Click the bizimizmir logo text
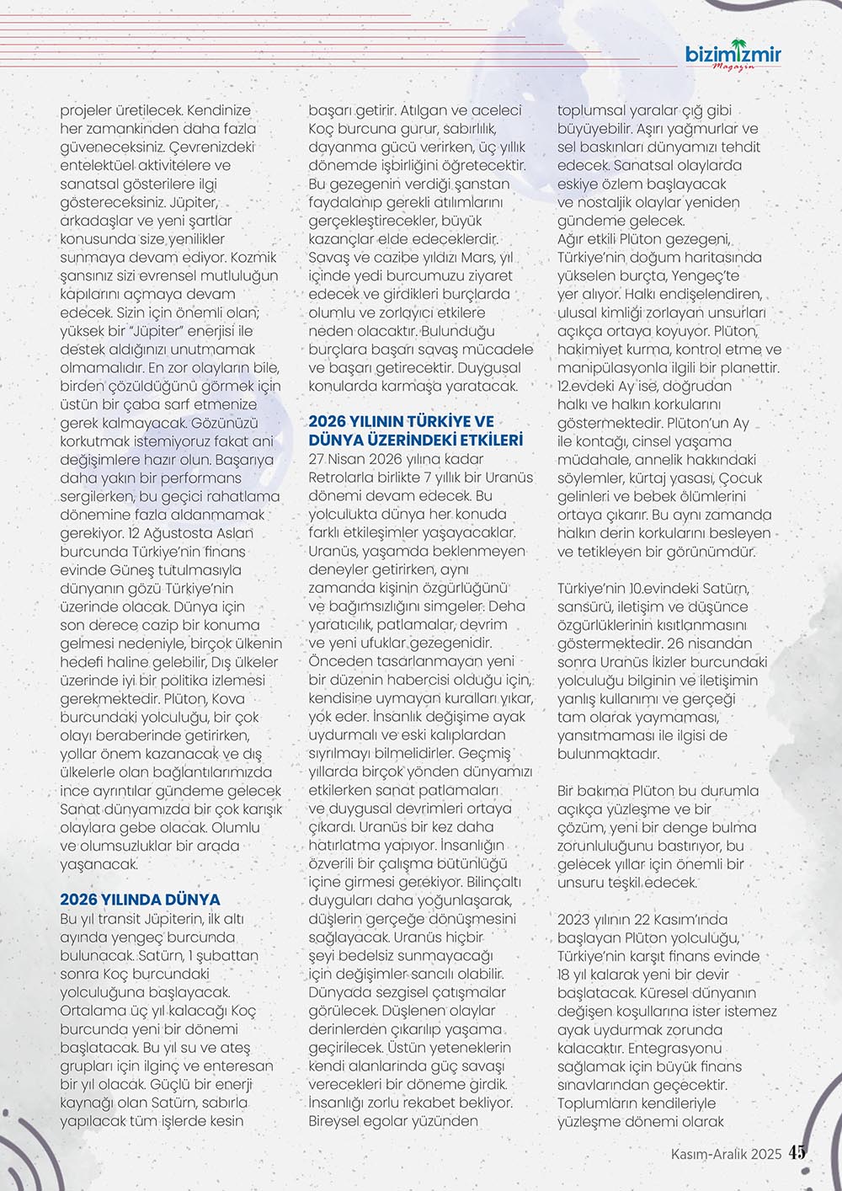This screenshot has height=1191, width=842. click(x=733, y=56)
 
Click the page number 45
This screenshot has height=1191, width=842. click(x=797, y=1153)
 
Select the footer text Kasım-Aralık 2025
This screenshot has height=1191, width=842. click(x=727, y=1154)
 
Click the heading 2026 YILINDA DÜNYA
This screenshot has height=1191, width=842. click(x=140, y=900)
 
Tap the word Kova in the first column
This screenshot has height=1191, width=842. click(x=228, y=698)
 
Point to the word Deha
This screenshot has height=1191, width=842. click(x=507, y=606)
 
